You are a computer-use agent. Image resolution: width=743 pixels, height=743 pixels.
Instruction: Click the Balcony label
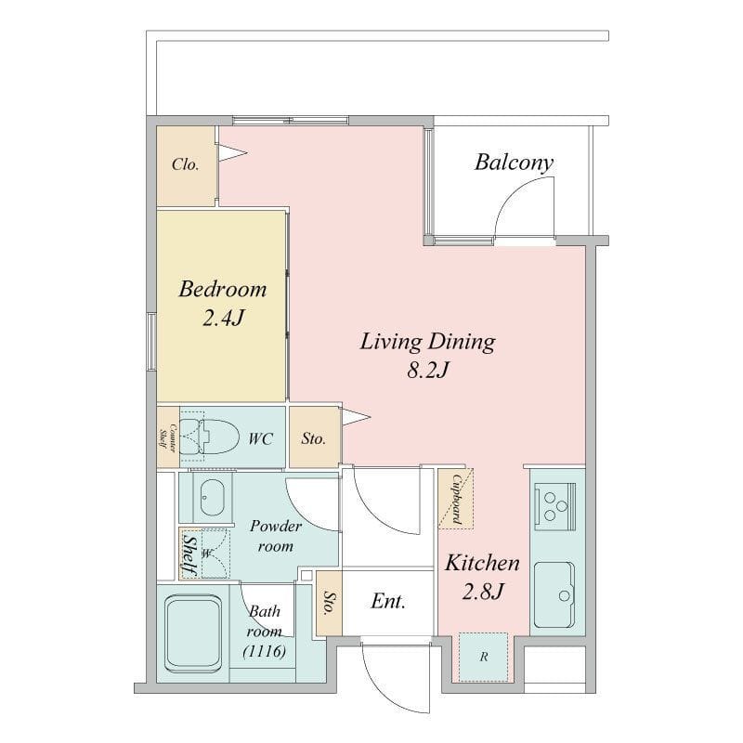point(515,163)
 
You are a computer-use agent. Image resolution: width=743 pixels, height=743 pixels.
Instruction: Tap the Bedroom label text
point(223,289)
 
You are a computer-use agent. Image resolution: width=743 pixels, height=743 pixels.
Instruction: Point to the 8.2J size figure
point(428,370)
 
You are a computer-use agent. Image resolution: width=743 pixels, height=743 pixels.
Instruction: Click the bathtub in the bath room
point(193,633)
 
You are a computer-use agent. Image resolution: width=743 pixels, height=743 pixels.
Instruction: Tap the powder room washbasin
point(212,498)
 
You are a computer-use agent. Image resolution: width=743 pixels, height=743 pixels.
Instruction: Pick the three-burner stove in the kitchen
point(554,506)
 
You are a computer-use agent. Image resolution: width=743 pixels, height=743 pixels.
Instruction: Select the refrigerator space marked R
point(483,657)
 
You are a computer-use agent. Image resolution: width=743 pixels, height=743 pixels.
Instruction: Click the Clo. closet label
point(185,164)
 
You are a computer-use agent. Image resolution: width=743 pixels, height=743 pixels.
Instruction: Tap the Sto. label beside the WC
point(314,438)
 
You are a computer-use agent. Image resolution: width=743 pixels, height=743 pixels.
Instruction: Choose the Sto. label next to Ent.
point(329,602)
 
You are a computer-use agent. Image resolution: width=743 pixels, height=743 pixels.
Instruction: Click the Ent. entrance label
point(388,601)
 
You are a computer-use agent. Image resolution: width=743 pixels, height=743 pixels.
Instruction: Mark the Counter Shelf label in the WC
point(168,437)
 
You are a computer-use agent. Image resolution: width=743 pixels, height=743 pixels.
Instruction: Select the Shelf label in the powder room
point(189,554)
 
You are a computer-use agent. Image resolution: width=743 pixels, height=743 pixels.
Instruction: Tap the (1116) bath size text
point(265,652)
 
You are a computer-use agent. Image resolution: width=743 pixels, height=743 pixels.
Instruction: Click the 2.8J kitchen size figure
point(482,592)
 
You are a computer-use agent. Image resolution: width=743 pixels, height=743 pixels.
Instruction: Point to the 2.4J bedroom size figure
point(223,318)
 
